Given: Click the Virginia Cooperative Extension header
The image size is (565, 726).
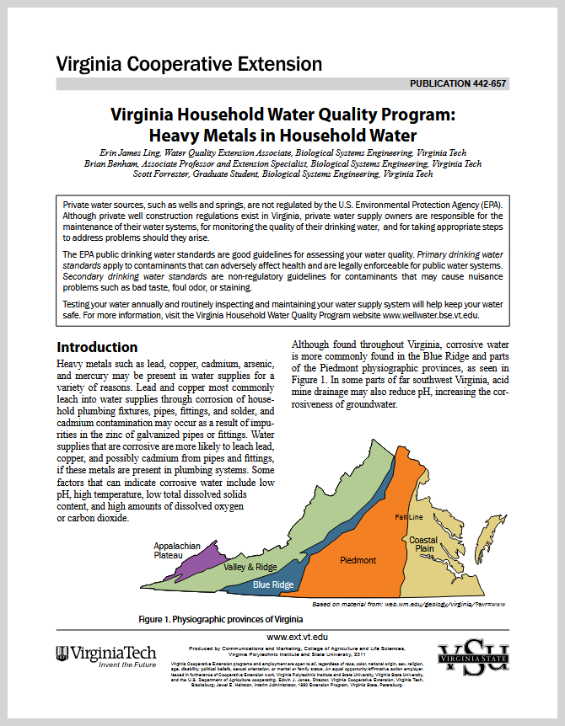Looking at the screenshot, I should click(x=189, y=64).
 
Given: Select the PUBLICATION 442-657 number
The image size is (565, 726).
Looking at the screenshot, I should click(x=459, y=84).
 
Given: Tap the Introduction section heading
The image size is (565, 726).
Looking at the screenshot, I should click(x=96, y=347).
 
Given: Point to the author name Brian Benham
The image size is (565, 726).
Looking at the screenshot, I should click(x=113, y=164).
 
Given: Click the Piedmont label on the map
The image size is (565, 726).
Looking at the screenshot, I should click(x=358, y=560).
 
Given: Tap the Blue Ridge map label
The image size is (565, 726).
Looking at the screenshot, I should click(x=273, y=585).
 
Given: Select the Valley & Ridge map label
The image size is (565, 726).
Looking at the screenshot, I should click(x=250, y=567).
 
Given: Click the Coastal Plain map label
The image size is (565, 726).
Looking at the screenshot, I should click(x=423, y=544).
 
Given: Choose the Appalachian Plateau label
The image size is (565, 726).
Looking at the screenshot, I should click(x=177, y=550).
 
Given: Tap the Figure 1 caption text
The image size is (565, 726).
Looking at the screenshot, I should click(x=220, y=619).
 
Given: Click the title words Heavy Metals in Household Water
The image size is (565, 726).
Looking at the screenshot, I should click(x=282, y=134).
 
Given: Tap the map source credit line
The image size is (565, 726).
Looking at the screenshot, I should click(x=408, y=604).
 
